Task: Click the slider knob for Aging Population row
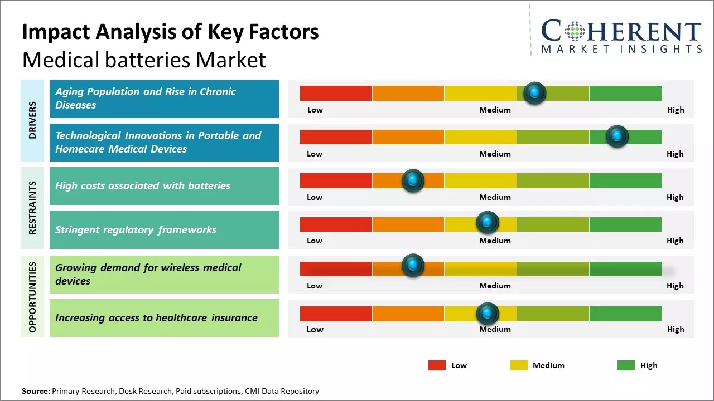(x=535, y=93)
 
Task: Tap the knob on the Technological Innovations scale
(x=617, y=136)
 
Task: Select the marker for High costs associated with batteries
(x=413, y=180)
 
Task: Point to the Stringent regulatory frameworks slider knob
(x=488, y=223)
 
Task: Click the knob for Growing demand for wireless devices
(x=413, y=266)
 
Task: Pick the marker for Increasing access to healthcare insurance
(x=488, y=314)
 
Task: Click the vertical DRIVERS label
(x=32, y=120)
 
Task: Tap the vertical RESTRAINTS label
(x=32, y=208)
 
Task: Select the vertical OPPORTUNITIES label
(x=32, y=297)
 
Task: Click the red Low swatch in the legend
(x=437, y=365)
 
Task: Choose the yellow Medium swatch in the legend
(x=519, y=365)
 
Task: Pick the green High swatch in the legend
(x=626, y=365)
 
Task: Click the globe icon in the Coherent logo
(x=574, y=32)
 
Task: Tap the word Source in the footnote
(x=35, y=392)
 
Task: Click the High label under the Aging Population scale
(x=676, y=110)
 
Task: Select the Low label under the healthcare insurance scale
(x=315, y=329)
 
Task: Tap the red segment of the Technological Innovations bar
(x=336, y=137)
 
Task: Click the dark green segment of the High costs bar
(x=625, y=180)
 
